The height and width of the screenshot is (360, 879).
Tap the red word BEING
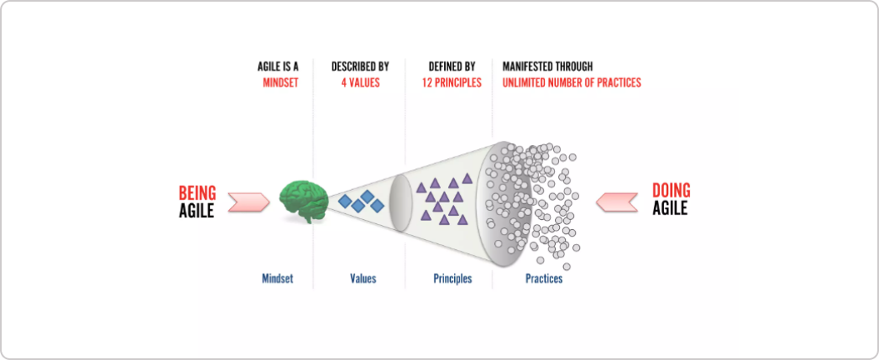tap(197, 193)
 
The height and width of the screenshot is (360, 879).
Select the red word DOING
tap(671, 191)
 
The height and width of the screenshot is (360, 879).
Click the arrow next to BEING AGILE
tap(249, 202)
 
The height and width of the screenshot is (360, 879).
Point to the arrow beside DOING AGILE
tap(617, 202)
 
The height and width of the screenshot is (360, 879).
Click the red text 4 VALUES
tap(361, 83)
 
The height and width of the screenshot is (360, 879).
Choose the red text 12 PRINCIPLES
tap(452, 83)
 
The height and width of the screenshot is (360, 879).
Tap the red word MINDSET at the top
tap(280, 83)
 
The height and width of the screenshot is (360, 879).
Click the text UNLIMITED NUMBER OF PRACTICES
tap(572, 83)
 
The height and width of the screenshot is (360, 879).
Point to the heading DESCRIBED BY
tap(361, 66)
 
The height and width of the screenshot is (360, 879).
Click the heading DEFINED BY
tap(452, 66)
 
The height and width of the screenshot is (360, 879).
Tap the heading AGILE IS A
tap(277, 66)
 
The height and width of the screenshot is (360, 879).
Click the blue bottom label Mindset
tap(277, 278)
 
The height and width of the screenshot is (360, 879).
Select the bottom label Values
tap(363, 278)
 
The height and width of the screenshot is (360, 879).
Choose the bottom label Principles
tap(453, 278)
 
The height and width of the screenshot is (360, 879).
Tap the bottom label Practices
tap(544, 278)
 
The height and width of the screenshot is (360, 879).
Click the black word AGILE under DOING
tap(670, 208)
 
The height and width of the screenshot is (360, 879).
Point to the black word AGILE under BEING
tap(197, 211)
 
